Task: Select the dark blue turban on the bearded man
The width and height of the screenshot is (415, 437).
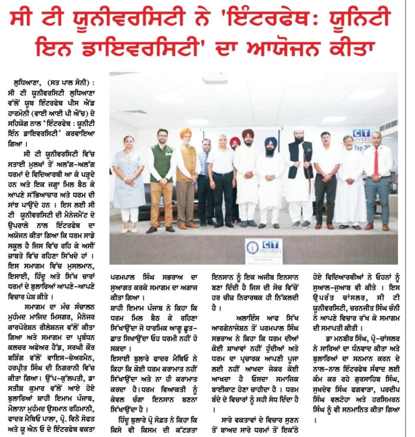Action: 271,142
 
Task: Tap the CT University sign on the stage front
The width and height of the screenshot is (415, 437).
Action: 263,251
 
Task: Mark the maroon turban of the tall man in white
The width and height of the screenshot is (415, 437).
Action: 248,133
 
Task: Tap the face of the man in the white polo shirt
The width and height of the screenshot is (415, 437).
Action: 222,141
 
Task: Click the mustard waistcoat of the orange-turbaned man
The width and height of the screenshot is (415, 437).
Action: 186,162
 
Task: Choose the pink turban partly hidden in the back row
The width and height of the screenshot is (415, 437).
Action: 235,140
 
